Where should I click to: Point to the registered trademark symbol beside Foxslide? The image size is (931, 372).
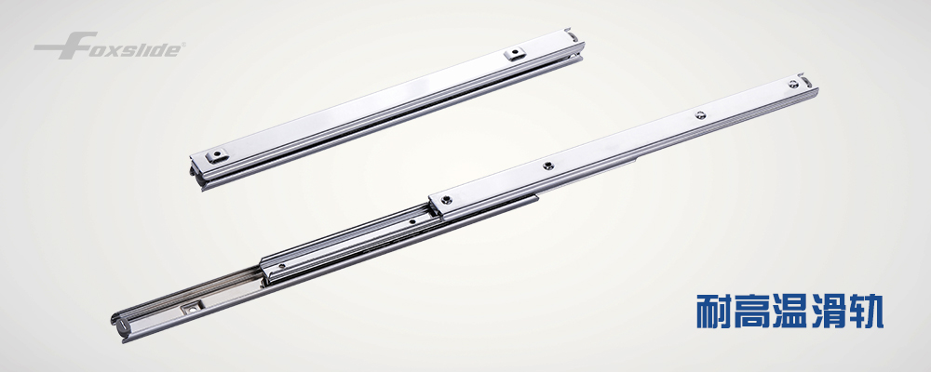(183, 45)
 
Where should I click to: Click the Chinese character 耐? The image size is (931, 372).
(714, 311)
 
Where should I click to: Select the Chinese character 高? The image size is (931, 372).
(752, 311)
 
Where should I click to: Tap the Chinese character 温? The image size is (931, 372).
(790, 311)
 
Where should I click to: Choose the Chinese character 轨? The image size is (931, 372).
(866, 311)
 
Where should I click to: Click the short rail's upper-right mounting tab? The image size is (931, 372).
(516, 54)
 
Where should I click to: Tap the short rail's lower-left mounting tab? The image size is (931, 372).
(216, 156)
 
